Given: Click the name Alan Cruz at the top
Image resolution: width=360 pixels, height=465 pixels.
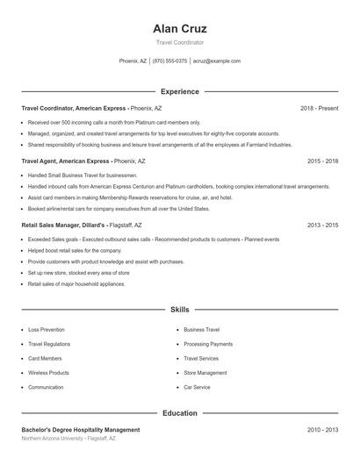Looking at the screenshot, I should (179, 28).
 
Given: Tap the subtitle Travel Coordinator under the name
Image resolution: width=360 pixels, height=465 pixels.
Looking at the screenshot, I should (179, 42).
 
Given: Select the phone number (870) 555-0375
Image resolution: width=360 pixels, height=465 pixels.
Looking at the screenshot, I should (169, 61).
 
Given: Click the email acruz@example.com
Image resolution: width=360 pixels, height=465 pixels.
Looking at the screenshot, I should (216, 61).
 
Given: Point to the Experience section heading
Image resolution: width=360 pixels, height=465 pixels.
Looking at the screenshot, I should (179, 91).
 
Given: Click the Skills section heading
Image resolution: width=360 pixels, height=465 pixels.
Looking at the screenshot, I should (179, 310).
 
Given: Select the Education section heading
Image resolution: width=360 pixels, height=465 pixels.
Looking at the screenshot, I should (179, 412).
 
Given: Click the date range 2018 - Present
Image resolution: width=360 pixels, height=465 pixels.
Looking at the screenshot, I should (319, 108).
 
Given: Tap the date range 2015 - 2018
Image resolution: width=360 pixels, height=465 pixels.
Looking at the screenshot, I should (322, 161).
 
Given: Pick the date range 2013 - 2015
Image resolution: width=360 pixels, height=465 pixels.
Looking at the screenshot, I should (322, 225).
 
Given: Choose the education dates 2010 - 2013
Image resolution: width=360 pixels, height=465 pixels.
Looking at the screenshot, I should (322, 430).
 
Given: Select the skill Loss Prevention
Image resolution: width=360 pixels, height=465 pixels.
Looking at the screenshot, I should (47, 330).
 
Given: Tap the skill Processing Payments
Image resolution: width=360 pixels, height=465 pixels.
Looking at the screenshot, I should (208, 344).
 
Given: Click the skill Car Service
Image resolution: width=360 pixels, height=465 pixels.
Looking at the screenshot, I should (197, 387).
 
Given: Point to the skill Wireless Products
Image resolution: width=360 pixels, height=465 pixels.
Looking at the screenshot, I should (48, 373).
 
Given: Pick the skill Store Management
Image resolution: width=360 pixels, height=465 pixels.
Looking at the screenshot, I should (205, 373).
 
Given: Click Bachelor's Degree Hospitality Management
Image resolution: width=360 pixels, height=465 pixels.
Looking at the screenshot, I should (80, 430).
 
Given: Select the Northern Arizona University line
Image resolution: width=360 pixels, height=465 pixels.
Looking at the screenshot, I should (68, 438).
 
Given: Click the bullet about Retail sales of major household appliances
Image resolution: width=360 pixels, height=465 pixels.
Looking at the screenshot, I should (76, 284).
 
